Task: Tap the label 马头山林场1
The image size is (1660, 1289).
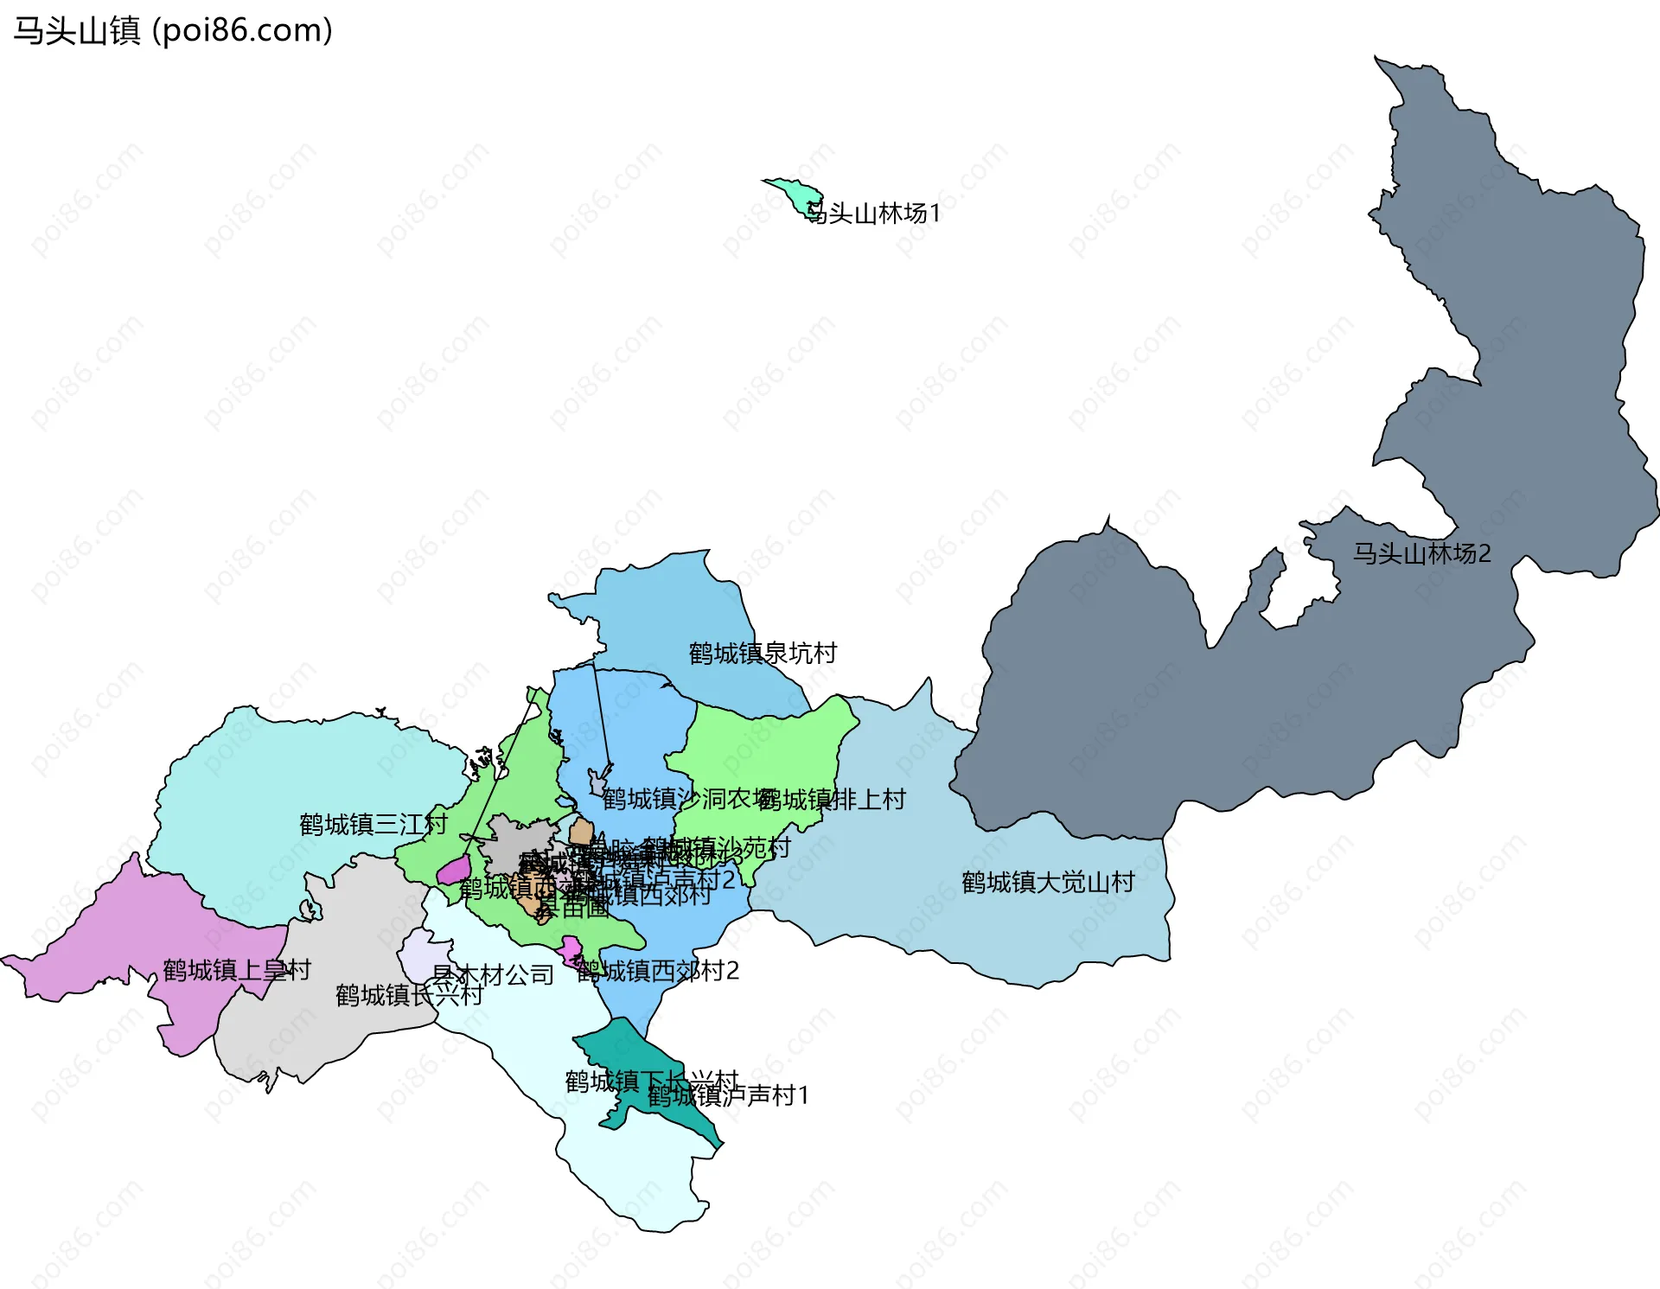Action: tap(873, 214)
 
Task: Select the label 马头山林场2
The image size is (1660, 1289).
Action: tap(1422, 553)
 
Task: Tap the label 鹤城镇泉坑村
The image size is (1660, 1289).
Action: tap(763, 654)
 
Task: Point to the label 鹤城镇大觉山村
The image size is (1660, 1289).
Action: tap(1048, 883)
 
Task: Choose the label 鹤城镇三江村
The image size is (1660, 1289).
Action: tap(373, 824)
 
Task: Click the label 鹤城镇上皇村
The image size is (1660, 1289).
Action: tap(237, 970)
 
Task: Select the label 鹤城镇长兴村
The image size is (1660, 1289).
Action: tap(409, 996)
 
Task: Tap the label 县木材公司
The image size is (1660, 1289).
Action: tap(493, 975)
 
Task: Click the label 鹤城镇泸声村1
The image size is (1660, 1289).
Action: tap(728, 1096)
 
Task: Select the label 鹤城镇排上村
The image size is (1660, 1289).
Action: tap(832, 800)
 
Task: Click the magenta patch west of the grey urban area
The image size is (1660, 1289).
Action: tap(455, 871)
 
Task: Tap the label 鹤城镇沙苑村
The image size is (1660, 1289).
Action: tap(718, 848)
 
